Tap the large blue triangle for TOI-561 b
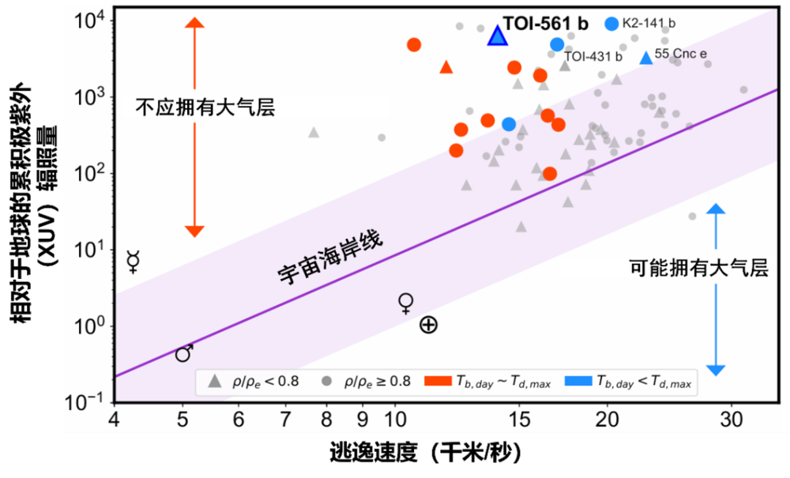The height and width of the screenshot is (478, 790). (x=497, y=36)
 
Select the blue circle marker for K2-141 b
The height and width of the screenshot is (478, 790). (x=611, y=24)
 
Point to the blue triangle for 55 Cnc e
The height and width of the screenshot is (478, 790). (x=646, y=58)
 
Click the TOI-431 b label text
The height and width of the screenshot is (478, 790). (x=593, y=57)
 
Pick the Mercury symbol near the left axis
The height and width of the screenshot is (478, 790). (x=134, y=262)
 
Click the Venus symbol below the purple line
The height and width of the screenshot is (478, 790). (x=406, y=303)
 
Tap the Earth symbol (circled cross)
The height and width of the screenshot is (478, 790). (x=428, y=325)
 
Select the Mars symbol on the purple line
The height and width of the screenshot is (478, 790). (x=184, y=353)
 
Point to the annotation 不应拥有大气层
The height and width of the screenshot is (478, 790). (x=205, y=107)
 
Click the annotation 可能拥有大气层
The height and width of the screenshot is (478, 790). (x=698, y=268)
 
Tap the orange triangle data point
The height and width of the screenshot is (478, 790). (x=446, y=68)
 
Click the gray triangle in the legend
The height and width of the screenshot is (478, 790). (x=213, y=382)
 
